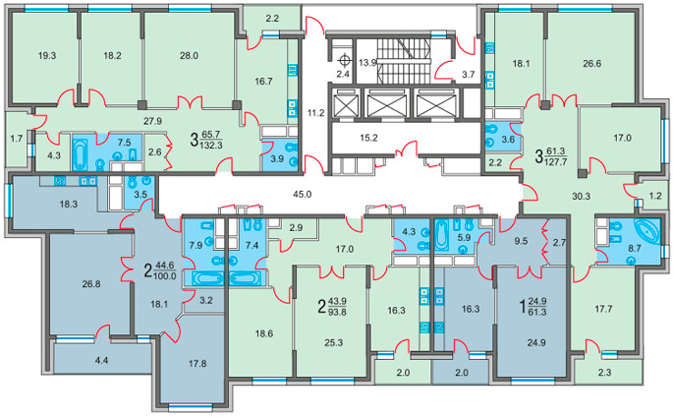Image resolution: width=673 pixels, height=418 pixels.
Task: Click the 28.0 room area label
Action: [189, 55]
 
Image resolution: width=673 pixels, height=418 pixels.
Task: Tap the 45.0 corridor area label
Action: [302, 194]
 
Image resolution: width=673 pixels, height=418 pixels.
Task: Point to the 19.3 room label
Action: [47, 55]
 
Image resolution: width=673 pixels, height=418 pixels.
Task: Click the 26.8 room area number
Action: [91, 284]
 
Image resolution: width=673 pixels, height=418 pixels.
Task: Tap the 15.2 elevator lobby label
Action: [368, 139]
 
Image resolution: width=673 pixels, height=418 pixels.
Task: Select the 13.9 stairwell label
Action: [367, 63]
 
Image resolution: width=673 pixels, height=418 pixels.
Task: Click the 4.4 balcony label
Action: [101, 361]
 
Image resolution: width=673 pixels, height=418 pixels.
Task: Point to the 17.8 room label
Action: [197, 364]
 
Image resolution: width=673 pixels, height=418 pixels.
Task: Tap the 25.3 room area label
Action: [333, 343]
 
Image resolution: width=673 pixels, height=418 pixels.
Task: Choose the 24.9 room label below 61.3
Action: [537, 343]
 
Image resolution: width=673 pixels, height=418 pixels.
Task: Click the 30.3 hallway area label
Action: [582, 197]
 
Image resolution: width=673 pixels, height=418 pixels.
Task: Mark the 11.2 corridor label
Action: [316, 113]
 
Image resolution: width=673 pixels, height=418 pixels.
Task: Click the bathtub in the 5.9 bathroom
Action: [441, 235]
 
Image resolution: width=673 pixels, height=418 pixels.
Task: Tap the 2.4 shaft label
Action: [343, 74]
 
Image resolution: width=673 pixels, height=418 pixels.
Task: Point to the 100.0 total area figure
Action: [165, 275]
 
